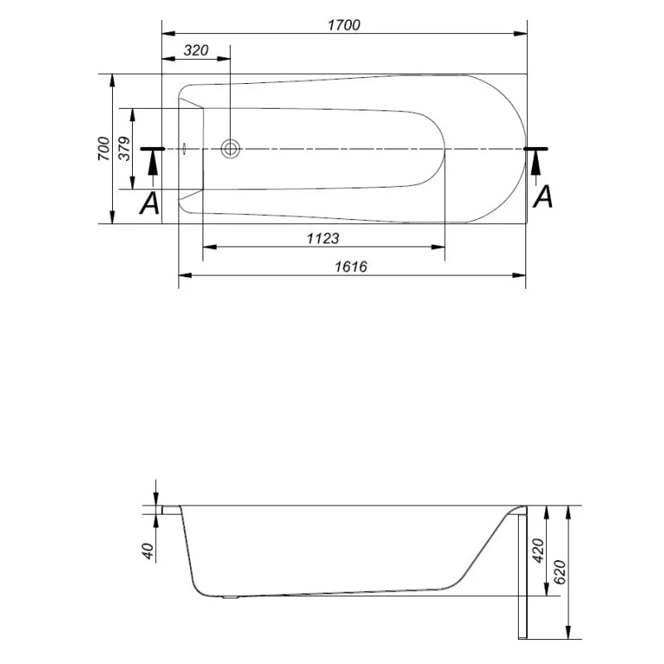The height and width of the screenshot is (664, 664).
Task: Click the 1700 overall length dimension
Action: pyautogui.click(x=343, y=25)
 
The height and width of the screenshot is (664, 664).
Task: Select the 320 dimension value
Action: pyautogui.click(x=195, y=50)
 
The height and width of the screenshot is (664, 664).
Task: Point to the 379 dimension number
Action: pyautogui.click(x=124, y=149)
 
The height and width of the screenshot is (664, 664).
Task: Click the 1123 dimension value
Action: pyautogui.click(x=323, y=238)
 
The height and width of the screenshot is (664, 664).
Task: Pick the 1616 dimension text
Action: pyautogui.click(x=351, y=266)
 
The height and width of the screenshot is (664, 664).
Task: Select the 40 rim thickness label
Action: pyautogui.click(x=148, y=550)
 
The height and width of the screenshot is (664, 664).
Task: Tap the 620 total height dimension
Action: pyautogui.click(x=560, y=572)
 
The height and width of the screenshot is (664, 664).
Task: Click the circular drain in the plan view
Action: pyautogui.click(x=231, y=149)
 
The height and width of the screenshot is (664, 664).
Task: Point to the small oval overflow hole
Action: pyautogui.click(x=184, y=149)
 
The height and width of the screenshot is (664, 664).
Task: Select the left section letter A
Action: pyautogui.click(x=149, y=203)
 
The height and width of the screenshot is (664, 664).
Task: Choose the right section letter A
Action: pyautogui.click(x=542, y=197)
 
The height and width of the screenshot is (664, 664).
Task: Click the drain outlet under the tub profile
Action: pyautogui.click(x=232, y=596)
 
